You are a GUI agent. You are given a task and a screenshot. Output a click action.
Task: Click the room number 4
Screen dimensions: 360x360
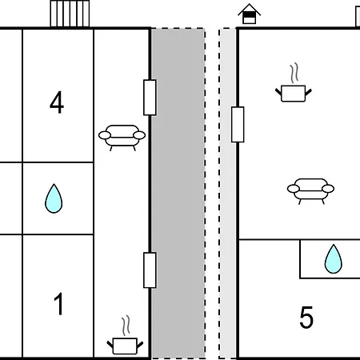click(57, 102)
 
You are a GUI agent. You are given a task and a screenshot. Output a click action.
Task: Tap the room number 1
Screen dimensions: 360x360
click(58, 304)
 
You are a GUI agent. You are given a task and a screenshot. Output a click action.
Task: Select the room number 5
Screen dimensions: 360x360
click(306, 317)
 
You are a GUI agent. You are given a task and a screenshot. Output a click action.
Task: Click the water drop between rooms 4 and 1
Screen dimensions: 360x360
click(54, 198)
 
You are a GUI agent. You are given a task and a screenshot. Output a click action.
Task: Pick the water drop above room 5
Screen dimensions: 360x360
click(333, 259)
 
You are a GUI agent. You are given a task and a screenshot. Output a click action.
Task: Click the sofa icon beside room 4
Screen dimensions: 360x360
click(122, 138)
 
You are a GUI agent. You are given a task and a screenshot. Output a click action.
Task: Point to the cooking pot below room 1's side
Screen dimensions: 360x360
click(125, 346)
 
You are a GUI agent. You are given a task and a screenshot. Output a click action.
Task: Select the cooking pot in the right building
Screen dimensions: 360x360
click(294, 94)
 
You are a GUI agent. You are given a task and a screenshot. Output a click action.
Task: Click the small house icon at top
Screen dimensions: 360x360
click(249, 14)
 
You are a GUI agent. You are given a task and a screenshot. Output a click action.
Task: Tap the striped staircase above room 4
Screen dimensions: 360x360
click(70, 14)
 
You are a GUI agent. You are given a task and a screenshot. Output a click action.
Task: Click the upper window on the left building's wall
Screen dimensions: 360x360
click(150, 98)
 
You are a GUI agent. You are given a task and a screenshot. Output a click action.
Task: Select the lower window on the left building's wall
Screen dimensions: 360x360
click(150, 270)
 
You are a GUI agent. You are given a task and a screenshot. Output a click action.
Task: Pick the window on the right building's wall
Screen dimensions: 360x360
click(238, 124)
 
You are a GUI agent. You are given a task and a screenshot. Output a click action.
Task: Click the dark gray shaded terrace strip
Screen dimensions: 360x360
click(178, 194)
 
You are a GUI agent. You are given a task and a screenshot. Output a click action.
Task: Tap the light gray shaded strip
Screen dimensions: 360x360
click(228, 194)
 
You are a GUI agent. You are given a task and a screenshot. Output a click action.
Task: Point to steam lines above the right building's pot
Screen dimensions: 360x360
click(294, 73)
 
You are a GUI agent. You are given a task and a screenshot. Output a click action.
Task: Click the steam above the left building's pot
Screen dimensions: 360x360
click(126, 326)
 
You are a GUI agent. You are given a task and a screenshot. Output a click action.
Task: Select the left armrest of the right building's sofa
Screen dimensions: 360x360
click(294, 189)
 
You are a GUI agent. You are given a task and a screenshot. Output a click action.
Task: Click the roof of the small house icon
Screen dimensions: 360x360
click(249, 10)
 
